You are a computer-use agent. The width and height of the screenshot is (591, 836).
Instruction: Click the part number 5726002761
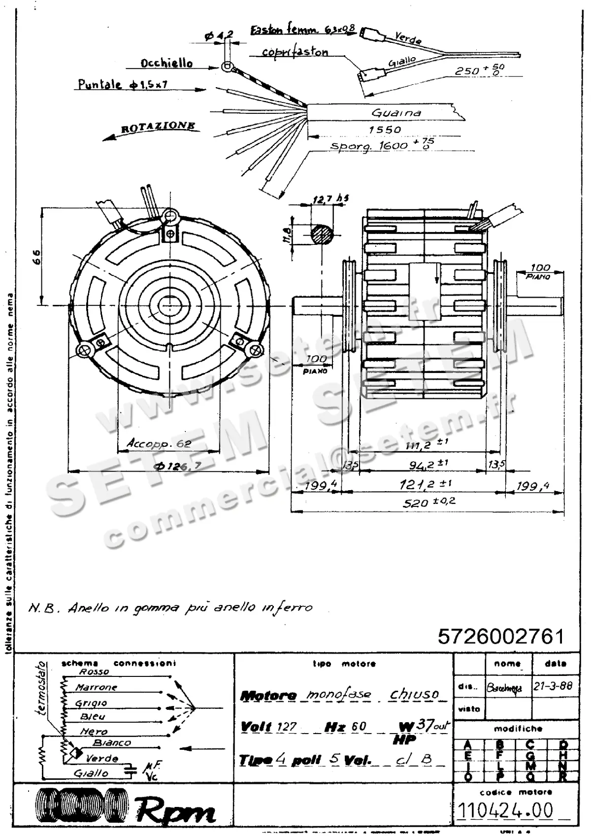tap(501, 636)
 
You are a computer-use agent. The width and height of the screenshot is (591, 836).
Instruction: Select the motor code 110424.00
tap(505, 810)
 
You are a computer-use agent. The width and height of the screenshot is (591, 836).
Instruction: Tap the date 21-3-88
tap(553, 686)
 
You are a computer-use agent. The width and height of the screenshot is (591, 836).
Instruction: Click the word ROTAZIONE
tap(158, 128)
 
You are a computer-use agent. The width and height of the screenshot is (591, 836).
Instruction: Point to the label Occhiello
tap(166, 64)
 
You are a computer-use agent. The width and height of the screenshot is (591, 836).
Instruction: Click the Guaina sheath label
tap(396, 113)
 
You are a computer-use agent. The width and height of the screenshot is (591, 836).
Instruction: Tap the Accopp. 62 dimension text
tap(159, 443)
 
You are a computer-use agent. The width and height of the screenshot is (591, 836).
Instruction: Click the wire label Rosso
tap(94, 671)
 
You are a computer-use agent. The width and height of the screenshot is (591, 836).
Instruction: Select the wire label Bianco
tap(112, 742)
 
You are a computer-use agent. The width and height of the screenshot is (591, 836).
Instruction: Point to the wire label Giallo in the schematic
tap(91, 773)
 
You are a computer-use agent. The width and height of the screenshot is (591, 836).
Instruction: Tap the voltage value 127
tap(287, 727)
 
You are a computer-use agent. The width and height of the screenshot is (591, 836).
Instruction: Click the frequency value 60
tap(359, 727)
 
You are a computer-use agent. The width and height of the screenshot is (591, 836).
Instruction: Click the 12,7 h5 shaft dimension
tap(330, 199)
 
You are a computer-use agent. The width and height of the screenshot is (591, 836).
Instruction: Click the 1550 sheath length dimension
tap(385, 130)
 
